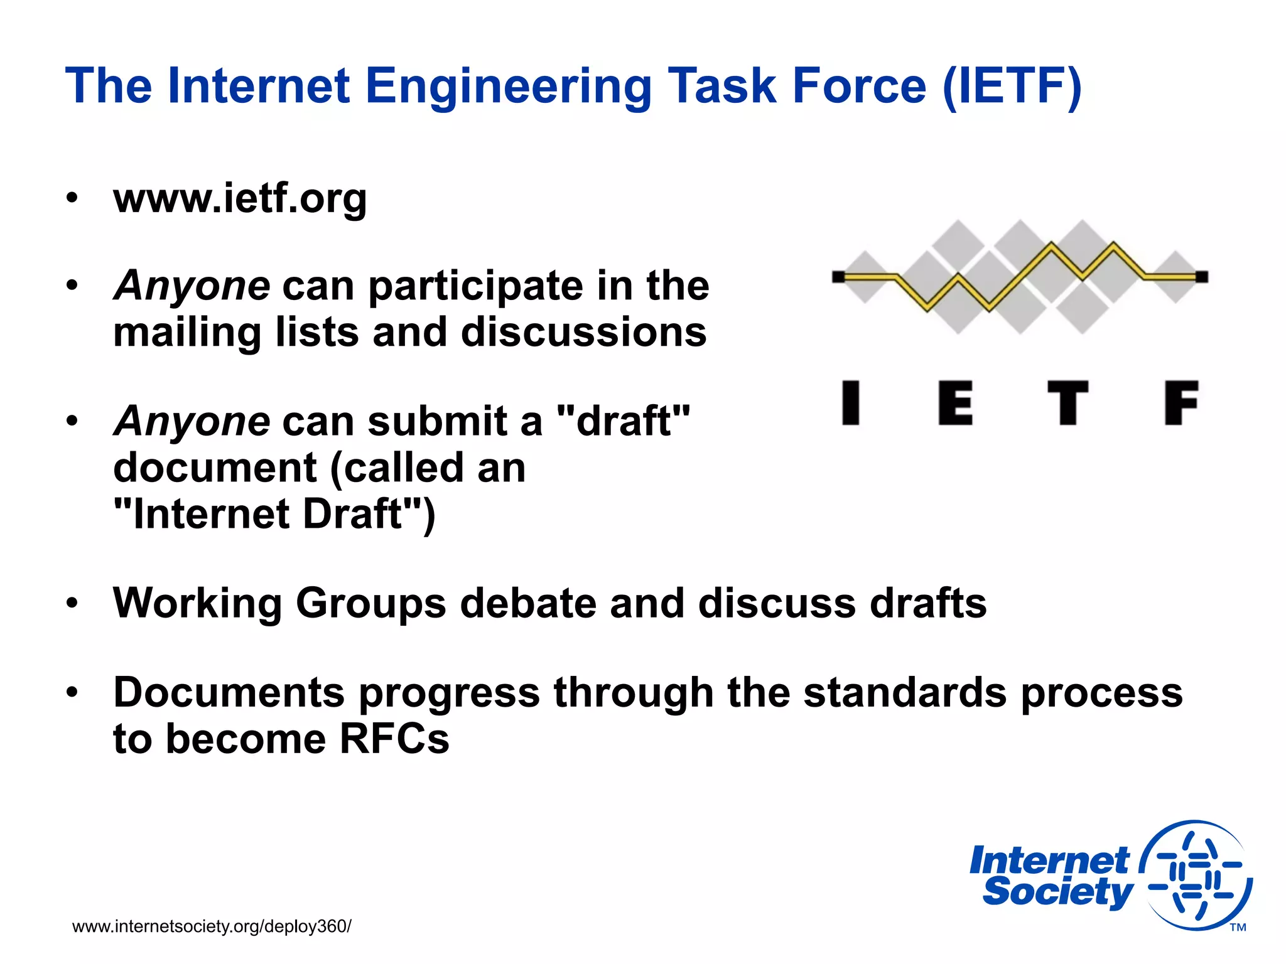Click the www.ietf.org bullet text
tap(240, 199)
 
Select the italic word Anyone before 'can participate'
tap(192, 286)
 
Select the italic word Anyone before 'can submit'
tap(192, 421)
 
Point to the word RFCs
tap(394, 739)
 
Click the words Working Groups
tap(279, 603)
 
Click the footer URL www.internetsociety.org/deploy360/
tap(212, 926)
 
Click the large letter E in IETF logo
tap(955, 403)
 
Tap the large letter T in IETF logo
tap(1067, 403)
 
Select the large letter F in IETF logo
tap(1181, 403)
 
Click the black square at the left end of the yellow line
tap(838, 277)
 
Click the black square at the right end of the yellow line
tap(1201, 277)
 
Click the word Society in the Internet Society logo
tap(1057, 892)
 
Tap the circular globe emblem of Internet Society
tap(1196, 875)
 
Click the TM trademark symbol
tap(1238, 928)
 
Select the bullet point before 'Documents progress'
tap(73, 693)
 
